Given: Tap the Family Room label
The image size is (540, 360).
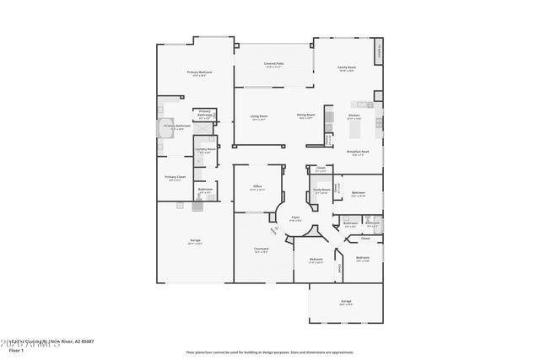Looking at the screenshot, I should point(347,67).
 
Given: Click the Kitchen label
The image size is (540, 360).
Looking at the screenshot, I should point(354,116).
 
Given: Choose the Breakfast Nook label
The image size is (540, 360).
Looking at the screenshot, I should point(356,152).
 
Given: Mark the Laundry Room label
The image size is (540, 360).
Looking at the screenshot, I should point(205,149).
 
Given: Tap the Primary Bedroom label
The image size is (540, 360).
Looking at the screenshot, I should point(199,73).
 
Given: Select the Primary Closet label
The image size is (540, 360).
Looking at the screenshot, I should point(175,176).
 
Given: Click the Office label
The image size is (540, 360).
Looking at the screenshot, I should point(257,186).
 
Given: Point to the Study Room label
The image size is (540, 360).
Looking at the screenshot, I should point(321,190).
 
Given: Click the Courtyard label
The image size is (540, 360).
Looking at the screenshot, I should point(262,249).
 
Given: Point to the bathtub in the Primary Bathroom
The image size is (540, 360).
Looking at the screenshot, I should point(163,128).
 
